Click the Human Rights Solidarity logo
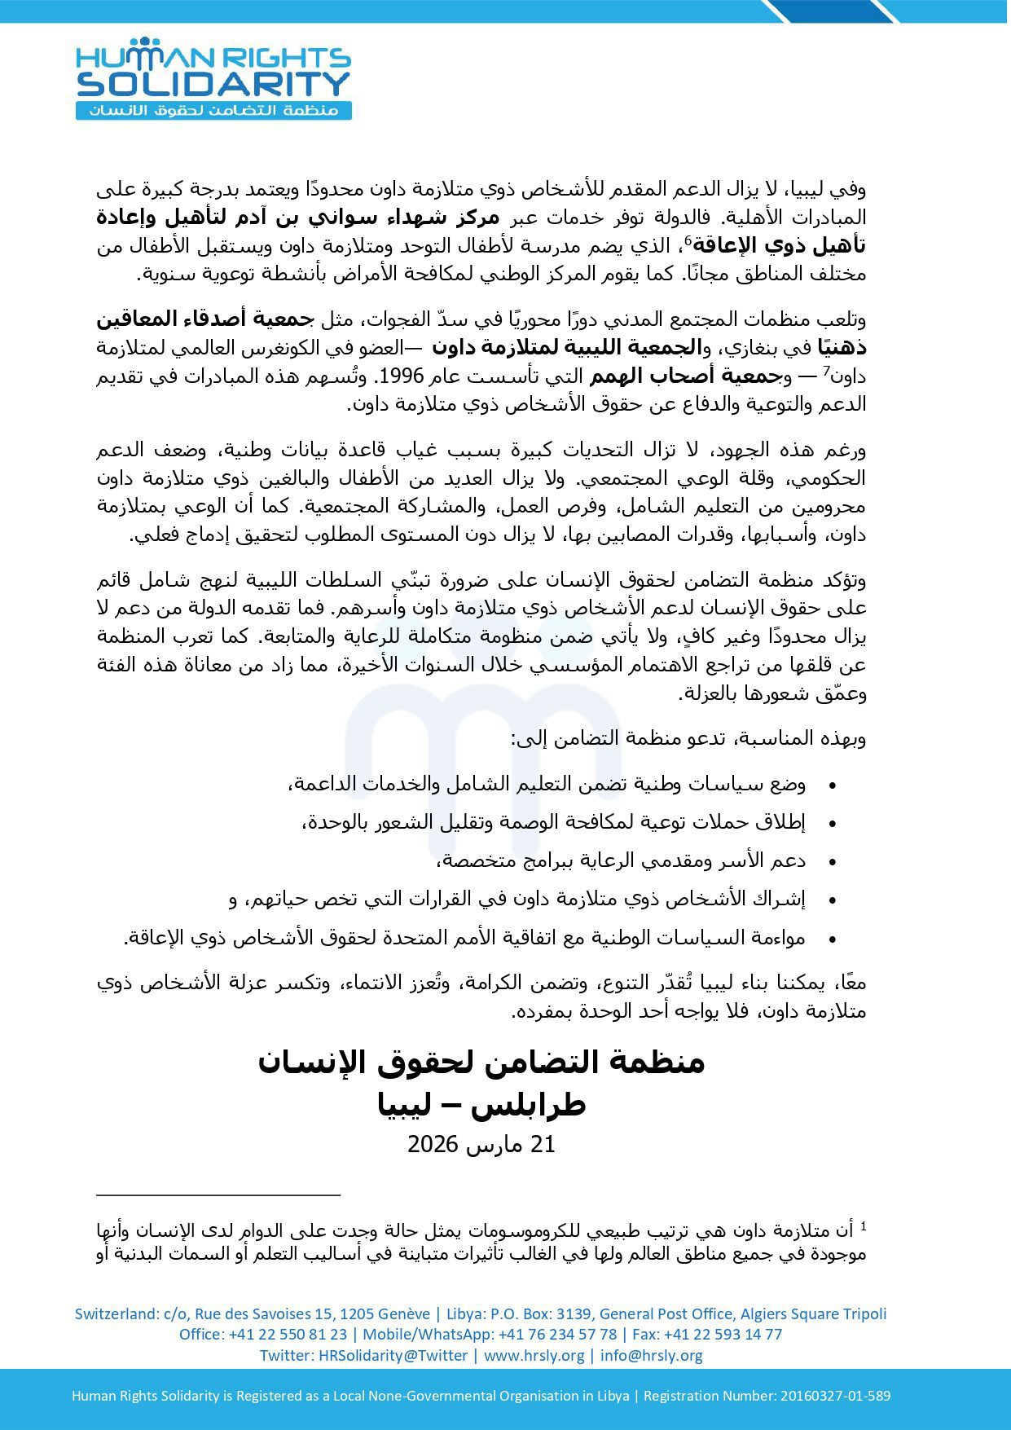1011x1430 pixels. click(x=213, y=80)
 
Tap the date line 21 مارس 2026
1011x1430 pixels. click(x=481, y=1144)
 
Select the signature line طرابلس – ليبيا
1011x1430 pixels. click(x=481, y=1105)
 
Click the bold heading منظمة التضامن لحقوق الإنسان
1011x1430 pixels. click(x=481, y=1063)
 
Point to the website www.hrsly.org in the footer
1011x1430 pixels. click(x=534, y=1355)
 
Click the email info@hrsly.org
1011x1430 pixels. click(x=652, y=1355)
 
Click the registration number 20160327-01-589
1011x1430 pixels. click(x=836, y=1395)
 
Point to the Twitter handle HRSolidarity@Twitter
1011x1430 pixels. click(x=393, y=1355)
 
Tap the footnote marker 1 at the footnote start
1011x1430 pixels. click(x=863, y=1225)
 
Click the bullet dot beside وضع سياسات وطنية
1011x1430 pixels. click(x=832, y=785)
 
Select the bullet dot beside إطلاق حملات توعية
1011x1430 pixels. click(x=832, y=824)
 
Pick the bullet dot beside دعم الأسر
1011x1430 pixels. click(x=832, y=862)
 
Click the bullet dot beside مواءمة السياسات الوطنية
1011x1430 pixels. click(x=832, y=939)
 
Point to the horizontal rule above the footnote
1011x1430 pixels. click(x=218, y=1195)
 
